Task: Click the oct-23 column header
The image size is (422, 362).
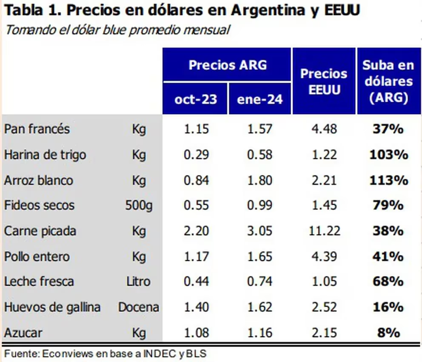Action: (x=196, y=99)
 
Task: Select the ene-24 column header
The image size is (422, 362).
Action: (x=259, y=99)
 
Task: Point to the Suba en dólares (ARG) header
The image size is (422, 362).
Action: (x=388, y=81)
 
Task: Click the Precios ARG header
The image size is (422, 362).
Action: (x=228, y=65)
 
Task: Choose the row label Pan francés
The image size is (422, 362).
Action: (x=37, y=129)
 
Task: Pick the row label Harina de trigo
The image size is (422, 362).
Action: (x=45, y=155)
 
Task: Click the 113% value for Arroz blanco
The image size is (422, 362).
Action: (x=388, y=180)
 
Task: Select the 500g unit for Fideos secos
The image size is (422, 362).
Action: (x=139, y=206)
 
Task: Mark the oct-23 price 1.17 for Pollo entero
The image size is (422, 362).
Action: (x=196, y=256)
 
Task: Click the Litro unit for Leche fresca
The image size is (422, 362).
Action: (x=139, y=282)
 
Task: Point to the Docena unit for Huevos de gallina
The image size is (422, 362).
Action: (x=139, y=307)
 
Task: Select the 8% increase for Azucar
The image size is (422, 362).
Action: (x=388, y=333)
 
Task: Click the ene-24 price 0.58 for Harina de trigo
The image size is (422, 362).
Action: (x=259, y=155)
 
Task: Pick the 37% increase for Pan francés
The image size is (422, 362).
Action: (x=388, y=129)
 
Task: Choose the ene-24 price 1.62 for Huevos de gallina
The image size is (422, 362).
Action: (x=259, y=307)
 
